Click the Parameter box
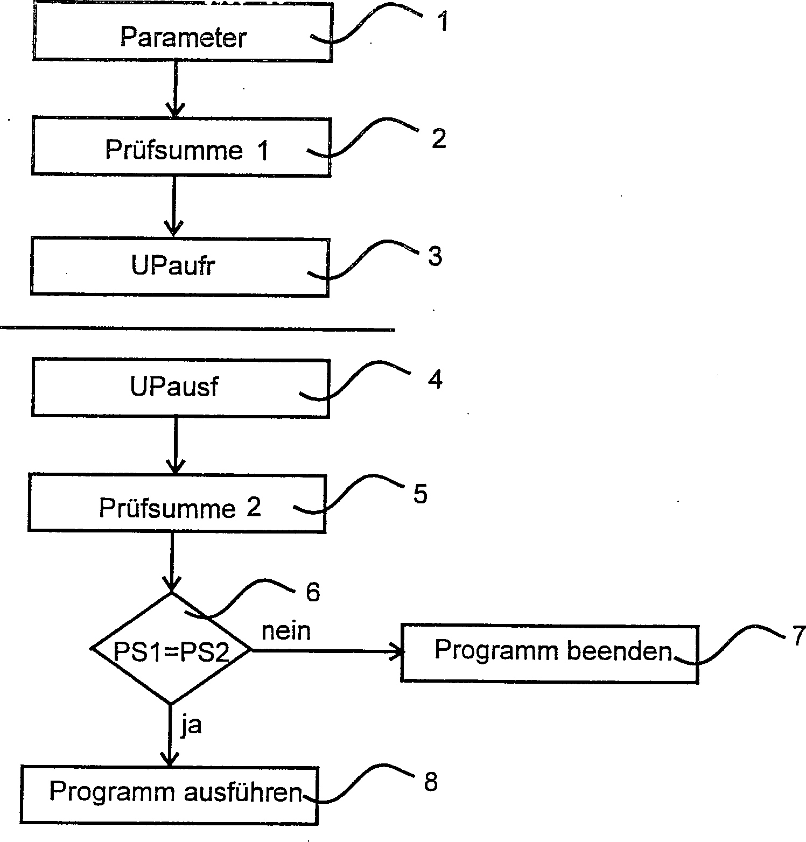pos(182,32)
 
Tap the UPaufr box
pos(179,266)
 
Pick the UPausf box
pos(180,388)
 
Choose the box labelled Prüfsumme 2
pos(177,503)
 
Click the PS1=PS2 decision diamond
pos(171,649)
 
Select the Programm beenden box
pos(549,654)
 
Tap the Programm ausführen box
pos(170,795)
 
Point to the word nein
pos(286,630)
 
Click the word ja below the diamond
pos(191,725)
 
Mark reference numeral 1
pos(442,22)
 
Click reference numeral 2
pos(438,139)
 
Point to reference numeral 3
pos(435,256)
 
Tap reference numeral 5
pos(420,494)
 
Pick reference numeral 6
pos(313,592)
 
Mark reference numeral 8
pos(431,782)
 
